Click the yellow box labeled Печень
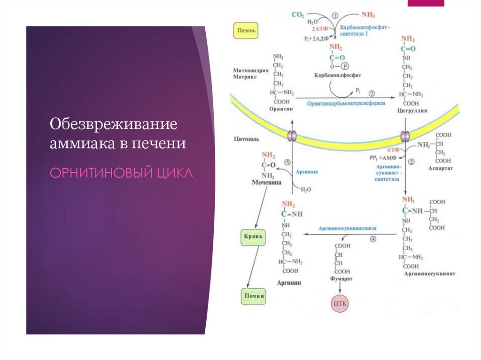click(247, 32)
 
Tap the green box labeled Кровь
click(253, 237)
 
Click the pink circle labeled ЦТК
click(340, 304)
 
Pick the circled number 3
click(411, 162)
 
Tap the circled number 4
click(373, 238)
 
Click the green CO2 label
click(298, 15)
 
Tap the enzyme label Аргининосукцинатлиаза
click(348, 228)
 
